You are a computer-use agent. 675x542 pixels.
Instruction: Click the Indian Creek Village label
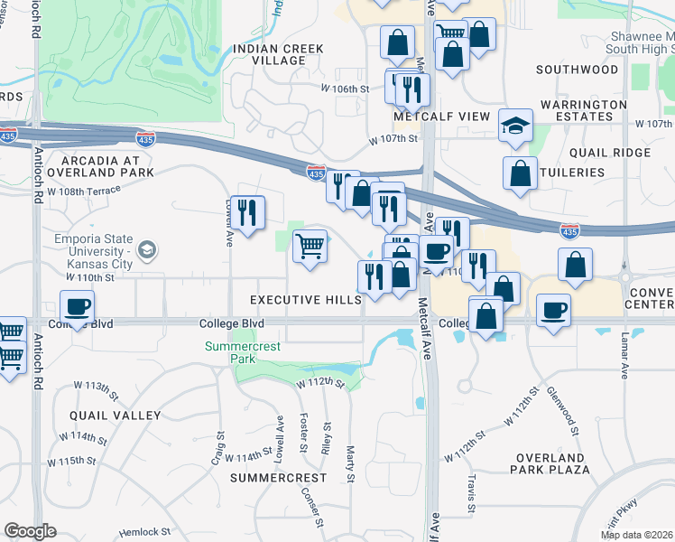point(269,54)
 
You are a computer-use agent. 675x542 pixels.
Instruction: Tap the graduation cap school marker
point(515,125)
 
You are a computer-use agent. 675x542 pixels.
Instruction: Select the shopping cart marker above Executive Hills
point(310,245)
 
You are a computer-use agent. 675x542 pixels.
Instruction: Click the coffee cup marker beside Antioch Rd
point(77,306)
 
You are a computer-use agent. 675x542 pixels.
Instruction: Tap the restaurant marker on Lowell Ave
point(247,212)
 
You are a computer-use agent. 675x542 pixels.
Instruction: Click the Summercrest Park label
point(243,352)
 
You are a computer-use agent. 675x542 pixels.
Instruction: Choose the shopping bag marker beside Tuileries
point(521,173)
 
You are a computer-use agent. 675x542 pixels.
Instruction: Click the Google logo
point(30,531)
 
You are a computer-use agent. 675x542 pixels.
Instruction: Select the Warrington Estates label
point(584,111)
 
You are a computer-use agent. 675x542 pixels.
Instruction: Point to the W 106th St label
point(346,89)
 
